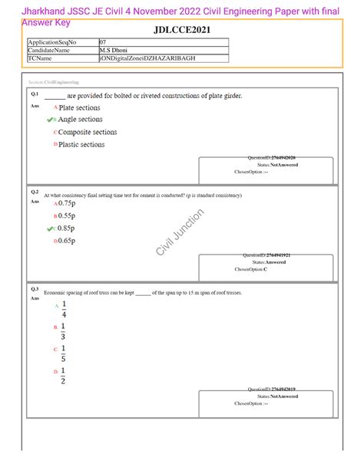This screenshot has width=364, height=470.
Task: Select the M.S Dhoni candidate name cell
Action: (116, 50)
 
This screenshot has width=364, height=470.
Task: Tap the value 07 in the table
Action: (104, 42)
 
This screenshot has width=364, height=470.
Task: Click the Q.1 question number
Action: (35, 94)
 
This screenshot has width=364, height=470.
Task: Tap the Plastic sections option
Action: (81, 144)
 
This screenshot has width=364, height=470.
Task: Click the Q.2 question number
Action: (35, 192)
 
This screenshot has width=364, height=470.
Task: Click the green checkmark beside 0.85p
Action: (51, 228)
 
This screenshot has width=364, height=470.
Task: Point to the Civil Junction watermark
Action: (178, 234)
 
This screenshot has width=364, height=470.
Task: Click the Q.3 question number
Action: (35, 289)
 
